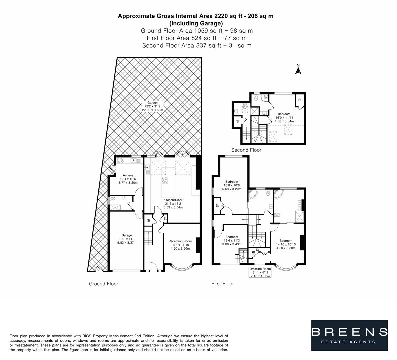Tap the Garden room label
click(153, 106)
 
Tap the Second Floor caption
click(246, 150)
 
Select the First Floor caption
click(222, 284)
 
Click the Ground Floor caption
click(103, 284)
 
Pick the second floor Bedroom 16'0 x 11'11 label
click(284, 118)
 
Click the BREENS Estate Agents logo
click(349, 335)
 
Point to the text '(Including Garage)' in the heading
click(196, 23)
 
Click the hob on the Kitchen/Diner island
click(165, 180)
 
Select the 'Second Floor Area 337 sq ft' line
click(197, 45)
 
